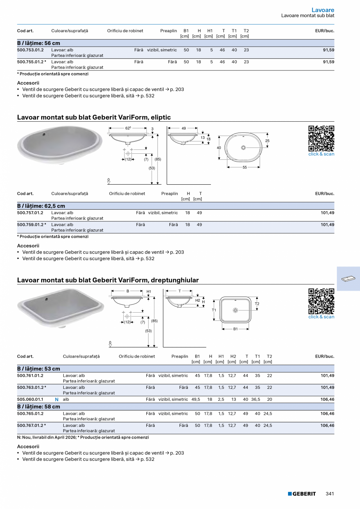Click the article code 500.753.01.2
click(x=31, y=50)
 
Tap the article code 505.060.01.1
click(x=31, y=399)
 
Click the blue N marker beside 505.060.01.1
click(x=57, y=399)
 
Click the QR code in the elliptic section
click(x=321, y=138)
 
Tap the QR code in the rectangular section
click(x=321, y=301)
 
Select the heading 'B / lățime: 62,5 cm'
click(x=41, y=206)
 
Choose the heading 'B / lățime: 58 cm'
click(x=39, y=406)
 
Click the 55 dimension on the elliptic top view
click(x=245, y=167)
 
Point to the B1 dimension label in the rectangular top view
click(x=236, y=329)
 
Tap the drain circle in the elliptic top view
click(x=244, y=147)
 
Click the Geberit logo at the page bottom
click(x=302, y=494)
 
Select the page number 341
click(x=329, y=494)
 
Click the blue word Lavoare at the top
click(x=323, y=10)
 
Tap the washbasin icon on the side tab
click(x=348, y=279)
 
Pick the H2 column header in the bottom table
click(x=233, y=356)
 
